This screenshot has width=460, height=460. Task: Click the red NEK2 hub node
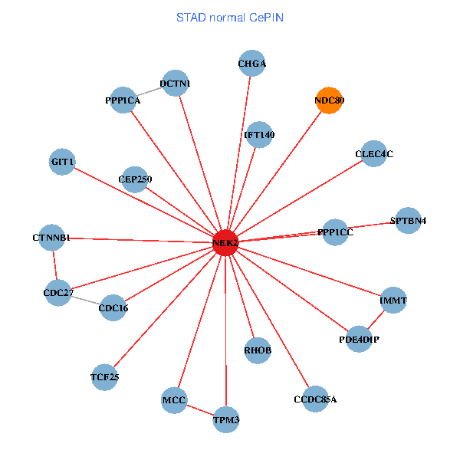pos(225,242)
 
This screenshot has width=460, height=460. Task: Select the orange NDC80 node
pos(329,100)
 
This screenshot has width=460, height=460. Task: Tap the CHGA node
pos(251,64)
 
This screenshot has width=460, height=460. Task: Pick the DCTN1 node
pos(176,83)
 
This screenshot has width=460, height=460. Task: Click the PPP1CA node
pos(123,100)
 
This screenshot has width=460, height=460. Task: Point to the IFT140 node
pos(259,134)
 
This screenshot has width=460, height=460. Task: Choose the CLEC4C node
pos(373,153)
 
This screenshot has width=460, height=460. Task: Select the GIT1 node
pos(62,162)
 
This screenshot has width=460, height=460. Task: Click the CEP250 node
pos(135,179)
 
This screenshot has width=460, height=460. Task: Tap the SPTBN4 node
pos(408,220)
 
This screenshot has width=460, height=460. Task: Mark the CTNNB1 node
pos(52,238)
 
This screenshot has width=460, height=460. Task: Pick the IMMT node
pos(393,300)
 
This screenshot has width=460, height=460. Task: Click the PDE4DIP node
pos(359,338)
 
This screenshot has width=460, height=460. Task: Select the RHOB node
pos(258,350)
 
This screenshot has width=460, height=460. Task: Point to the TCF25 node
pos(104,376)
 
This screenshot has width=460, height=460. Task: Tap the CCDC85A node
pos(315,399)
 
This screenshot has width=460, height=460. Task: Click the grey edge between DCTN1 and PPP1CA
pos(149,91)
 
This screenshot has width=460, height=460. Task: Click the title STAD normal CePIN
pos(230,17)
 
